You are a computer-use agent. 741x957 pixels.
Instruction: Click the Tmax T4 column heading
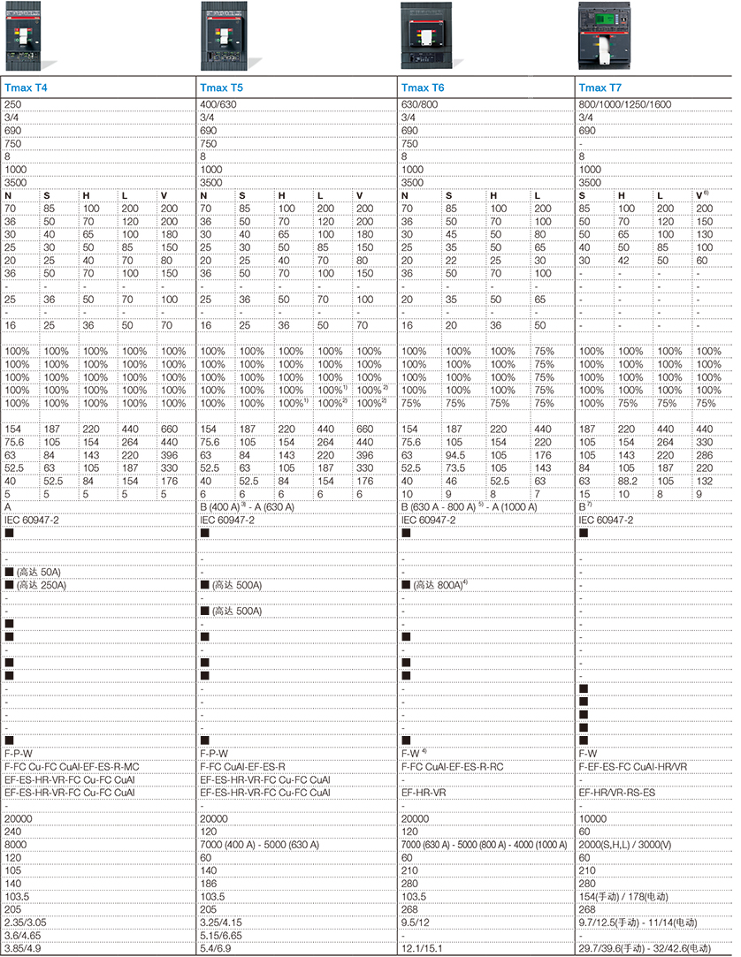[26, 87]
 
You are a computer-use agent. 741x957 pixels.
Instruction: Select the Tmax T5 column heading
[220, 87]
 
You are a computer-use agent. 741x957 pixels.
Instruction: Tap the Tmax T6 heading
[422, 87]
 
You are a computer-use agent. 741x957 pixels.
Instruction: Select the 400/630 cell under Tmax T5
[217, 104]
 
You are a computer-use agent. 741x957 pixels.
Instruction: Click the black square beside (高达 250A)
[10, 585]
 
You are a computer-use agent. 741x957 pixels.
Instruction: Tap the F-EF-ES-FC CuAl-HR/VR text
[632, 767]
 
